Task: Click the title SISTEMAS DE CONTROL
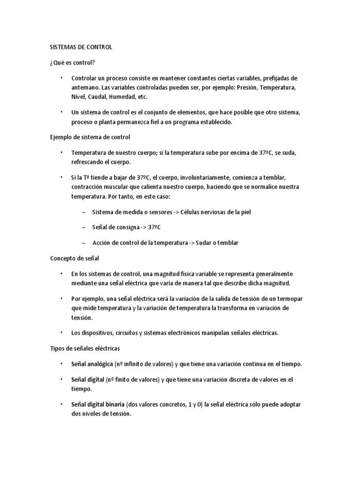[x=81, y=48]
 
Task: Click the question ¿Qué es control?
[x=71, y=63]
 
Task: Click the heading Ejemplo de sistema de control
[x=90, y=137]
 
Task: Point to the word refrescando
[x=90, y=161]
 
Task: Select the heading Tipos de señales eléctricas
[x=85, y=348]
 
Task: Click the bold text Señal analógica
[x=92, y=364]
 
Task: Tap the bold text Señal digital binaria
[x=98, y=404]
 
